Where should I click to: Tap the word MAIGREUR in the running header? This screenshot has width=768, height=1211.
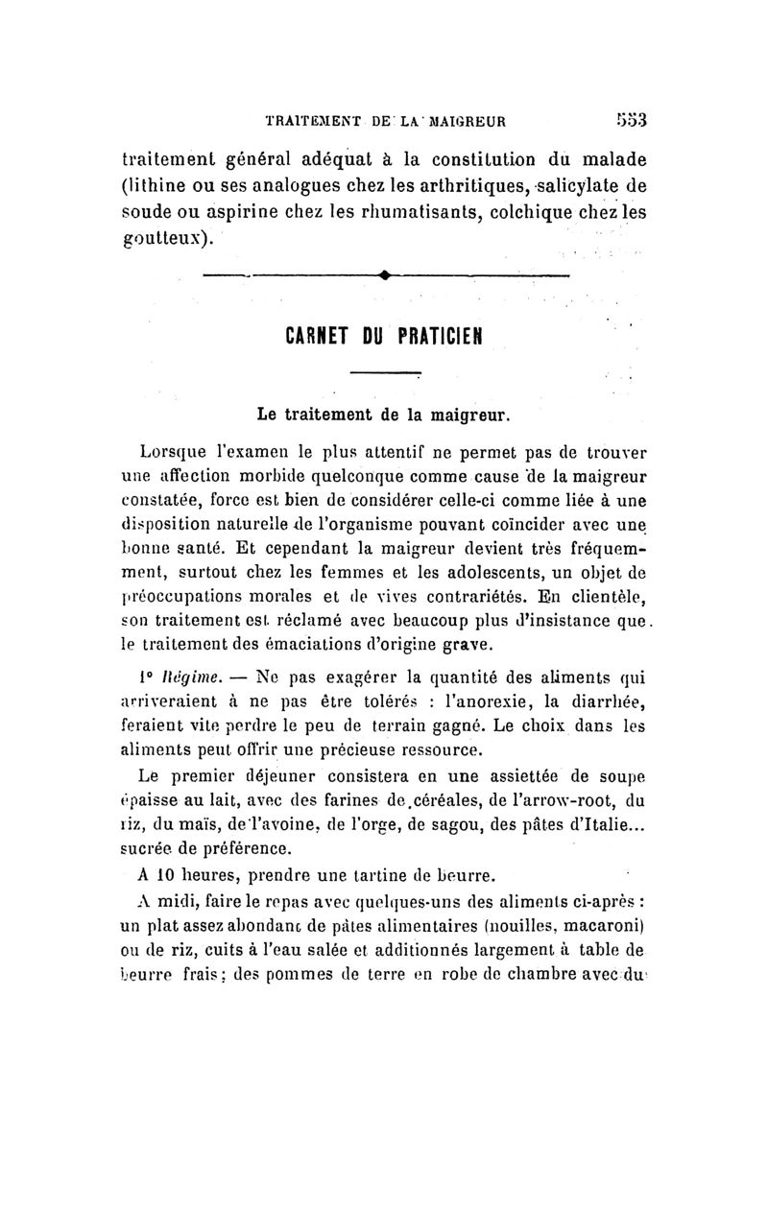point(466,122)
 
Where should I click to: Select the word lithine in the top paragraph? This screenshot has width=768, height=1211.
point(162,185)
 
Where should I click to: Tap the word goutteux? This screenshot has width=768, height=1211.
point(164,237)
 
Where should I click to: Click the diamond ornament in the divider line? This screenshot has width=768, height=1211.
point(383,276)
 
